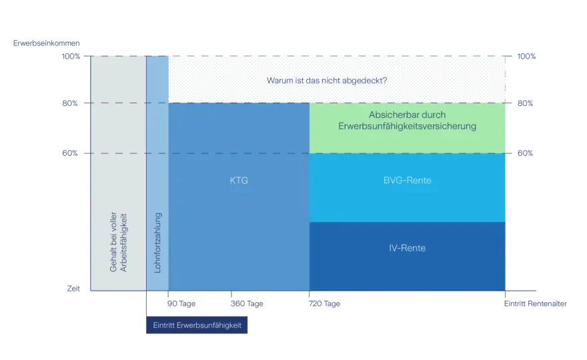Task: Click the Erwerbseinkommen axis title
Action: (47, 43)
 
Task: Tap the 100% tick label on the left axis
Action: (71, 56)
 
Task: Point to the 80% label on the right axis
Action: (525, 103)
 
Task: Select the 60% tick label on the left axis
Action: (70, 153)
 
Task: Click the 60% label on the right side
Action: (525, 153)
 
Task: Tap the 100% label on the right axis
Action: (526, 56)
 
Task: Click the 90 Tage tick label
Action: (181, 303)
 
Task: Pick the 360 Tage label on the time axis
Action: (247, 303)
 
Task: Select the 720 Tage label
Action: (324, 303)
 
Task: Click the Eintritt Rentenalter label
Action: (536, 303)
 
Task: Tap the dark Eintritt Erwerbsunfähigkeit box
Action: (197, 325)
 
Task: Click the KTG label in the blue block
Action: (239, 181)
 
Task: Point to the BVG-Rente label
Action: (408, 181)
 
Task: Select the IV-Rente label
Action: (408, 248)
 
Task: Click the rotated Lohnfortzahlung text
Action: (157, 243)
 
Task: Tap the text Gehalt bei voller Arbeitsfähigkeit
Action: (118, 242)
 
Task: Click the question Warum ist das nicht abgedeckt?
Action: (327, 81)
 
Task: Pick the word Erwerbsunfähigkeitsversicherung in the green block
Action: (408, 126)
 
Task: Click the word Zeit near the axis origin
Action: (73, 289)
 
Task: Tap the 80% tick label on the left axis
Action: (70, 103)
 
